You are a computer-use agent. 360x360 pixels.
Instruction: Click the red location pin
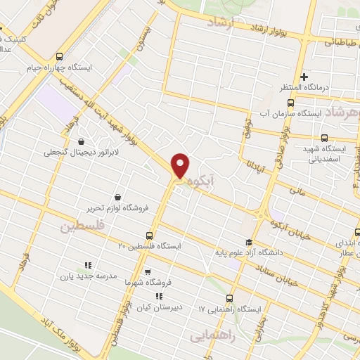[x=181, y=165]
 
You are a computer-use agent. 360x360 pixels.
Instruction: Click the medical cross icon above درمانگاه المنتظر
[x=304, y=76]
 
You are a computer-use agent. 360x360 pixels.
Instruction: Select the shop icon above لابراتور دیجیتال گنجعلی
[x=82, y=141]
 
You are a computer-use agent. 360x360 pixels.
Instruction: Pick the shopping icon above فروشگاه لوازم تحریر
[x=117, y=197]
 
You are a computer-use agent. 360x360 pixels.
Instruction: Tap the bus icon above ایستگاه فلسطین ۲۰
[x=148, y=236]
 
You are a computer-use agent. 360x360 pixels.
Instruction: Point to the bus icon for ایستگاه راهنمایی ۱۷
[x=231, y=298]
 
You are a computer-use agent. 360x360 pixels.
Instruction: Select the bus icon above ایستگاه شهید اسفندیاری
[x=324, y=138]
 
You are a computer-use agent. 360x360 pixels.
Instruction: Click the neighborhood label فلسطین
[x=82, y=227]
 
